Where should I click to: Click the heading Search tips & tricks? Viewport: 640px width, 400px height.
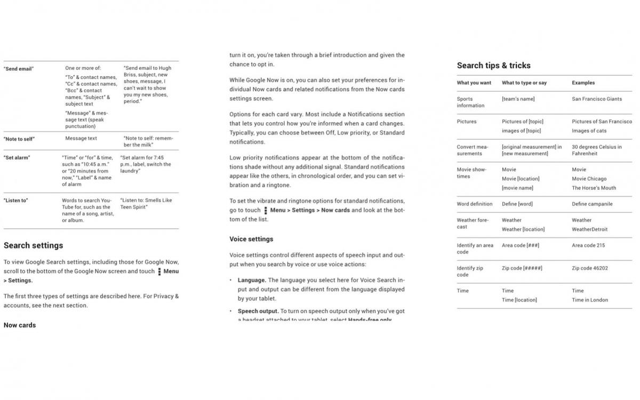coord(493,66)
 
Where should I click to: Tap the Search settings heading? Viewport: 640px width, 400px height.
coord(33,245)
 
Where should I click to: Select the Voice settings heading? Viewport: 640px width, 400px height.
coord(251,239)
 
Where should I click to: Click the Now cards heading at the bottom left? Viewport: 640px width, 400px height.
coord(20,325)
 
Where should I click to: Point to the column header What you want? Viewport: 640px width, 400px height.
coord(474,83)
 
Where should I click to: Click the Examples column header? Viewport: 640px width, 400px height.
coord(583,83)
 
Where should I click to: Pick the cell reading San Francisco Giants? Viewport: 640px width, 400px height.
coord(597,99)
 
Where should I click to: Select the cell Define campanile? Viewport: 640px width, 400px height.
coord(592,204)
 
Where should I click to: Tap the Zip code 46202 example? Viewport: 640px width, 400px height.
coord(589,268)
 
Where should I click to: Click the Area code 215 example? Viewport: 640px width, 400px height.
coord(588,245)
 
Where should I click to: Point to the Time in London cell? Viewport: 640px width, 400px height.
coord(590,300)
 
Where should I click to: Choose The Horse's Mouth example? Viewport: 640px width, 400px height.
coord(594,188)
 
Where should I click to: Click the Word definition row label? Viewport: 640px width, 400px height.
coord(474,204)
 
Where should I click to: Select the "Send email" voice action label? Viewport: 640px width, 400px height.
coord(19,69)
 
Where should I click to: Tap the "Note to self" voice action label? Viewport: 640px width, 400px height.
coord(19,139)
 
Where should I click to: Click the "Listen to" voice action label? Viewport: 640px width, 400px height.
coord(16,201)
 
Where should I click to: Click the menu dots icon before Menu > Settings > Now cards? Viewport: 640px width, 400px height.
coord(266,210)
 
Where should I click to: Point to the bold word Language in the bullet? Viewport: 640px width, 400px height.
coord(252,280)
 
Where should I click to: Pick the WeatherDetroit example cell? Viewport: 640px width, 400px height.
coord(589,229)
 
